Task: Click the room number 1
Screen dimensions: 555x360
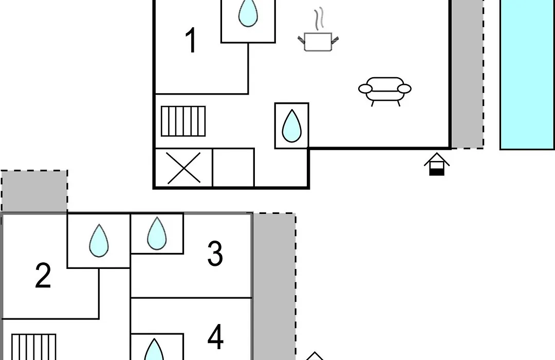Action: (191, 41)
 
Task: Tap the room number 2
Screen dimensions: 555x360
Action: (43, 275)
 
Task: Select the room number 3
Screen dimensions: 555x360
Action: (215, 254)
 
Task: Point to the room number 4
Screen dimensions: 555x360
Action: (215, 337)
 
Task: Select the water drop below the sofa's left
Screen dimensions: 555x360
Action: (292, 126)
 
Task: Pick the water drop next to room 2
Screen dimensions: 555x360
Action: (99, 241)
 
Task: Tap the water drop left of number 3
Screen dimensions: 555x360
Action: (157, 233)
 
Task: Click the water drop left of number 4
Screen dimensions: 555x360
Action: (154, 350)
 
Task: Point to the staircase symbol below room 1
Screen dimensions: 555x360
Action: (183, 121)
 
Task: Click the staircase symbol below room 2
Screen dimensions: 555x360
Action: (33, 347)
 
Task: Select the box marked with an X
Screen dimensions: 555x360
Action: (183, 168)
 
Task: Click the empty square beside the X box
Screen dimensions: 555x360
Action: (233, 168)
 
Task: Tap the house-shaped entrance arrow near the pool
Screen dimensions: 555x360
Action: (437, 164)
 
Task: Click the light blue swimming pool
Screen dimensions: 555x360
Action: (527, 75)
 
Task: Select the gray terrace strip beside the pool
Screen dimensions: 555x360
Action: (467, 74)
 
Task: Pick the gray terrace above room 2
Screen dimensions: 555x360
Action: (34, 191)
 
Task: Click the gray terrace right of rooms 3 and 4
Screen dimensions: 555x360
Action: (274, 286)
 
